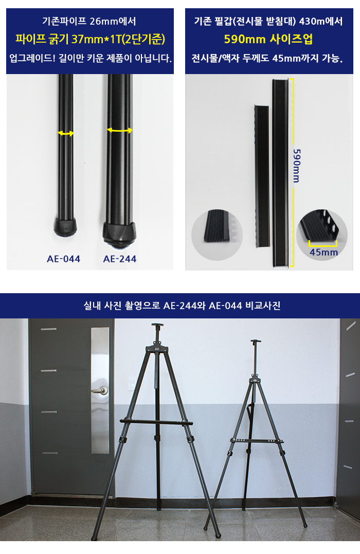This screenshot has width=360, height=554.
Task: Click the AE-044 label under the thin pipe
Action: (64, 259)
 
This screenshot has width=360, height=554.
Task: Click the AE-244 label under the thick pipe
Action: (120, 259)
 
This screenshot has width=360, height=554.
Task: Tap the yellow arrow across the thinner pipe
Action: (66, 133)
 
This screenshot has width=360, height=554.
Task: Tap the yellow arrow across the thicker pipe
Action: (120, 130)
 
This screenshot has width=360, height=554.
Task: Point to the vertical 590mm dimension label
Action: (297, 166)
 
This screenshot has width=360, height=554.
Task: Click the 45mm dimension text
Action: (323, 252)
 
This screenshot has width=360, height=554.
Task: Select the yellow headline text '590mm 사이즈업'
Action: (268, 39)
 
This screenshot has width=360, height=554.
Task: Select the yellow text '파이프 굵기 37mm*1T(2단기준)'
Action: (90, 39)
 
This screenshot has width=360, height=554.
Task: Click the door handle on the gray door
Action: (100, 390)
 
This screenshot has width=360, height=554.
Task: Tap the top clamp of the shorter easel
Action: (256, 342)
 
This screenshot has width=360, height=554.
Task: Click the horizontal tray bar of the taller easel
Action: (156, 422)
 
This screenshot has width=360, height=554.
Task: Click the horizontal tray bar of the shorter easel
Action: (257, 441)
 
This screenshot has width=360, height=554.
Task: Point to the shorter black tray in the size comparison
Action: (262, 175)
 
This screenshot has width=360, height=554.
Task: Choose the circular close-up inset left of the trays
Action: (217, 235)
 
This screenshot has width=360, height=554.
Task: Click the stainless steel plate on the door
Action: (100, 390)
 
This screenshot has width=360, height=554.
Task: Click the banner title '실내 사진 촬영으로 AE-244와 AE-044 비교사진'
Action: (182, 306)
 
